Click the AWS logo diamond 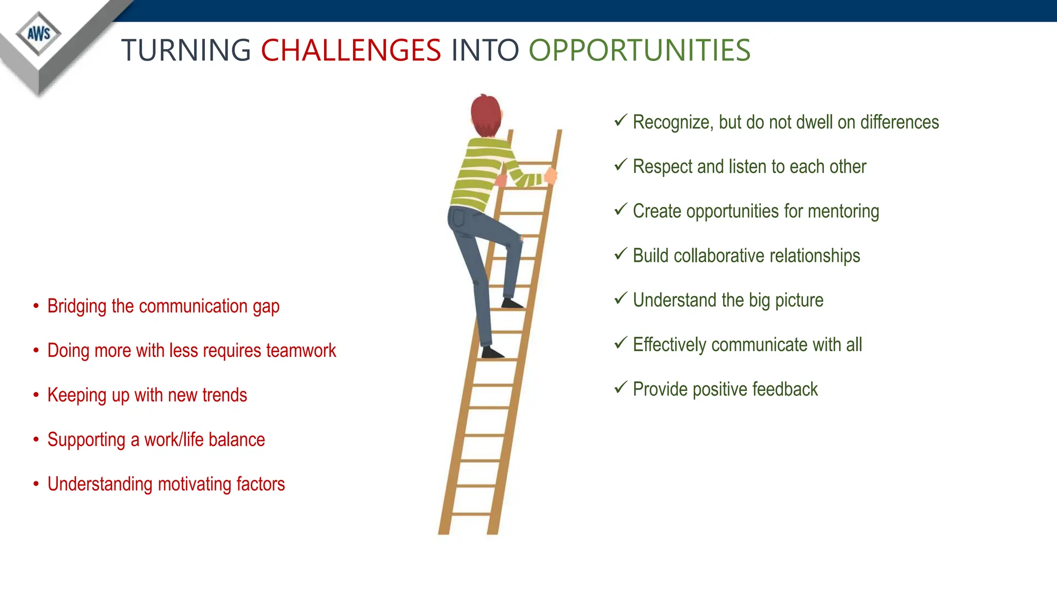(39, 34)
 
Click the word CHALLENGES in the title (351, 51)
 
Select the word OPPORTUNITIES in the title (639, 51)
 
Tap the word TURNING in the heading (186, 51)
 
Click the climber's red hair (485, 114)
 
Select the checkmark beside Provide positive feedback (621, 387)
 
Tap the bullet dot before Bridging (36, 306)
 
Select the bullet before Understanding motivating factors (36, 484)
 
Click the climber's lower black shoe (492, 353)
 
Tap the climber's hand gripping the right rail (551, 176)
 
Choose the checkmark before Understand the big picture (621, 298)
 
